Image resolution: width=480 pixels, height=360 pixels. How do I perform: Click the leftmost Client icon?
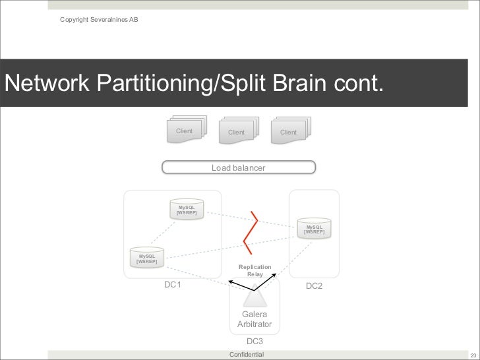185,131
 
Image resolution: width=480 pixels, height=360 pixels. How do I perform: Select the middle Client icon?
237,131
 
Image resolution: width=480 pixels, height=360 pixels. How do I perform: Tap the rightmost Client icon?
289,131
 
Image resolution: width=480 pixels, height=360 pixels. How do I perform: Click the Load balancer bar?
239,168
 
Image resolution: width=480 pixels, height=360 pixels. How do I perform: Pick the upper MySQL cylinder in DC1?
186,210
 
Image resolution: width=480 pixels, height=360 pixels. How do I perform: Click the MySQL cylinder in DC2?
313,228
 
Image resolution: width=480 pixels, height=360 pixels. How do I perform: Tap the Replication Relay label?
255,270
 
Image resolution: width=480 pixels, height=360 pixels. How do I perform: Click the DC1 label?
173,285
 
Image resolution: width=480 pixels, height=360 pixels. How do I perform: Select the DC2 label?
314,286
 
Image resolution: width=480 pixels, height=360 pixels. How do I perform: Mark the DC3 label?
255,342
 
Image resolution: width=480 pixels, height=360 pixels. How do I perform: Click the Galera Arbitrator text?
255,319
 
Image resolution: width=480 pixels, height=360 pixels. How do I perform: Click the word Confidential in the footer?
246,355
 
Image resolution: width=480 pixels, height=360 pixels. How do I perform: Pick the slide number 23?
473,355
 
